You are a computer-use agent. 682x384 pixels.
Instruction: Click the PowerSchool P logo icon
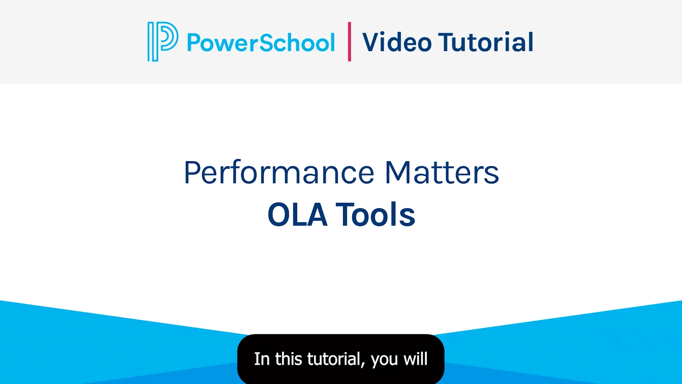[162, 41]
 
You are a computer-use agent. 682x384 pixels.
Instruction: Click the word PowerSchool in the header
[261, 43]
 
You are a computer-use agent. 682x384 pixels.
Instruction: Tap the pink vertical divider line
[350, 41]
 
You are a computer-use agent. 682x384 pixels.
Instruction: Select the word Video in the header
[397, 42]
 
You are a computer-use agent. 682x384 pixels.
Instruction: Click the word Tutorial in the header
[486, 42]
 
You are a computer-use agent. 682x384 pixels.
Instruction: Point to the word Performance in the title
[279, 173]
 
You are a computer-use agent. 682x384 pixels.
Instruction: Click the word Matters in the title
[442, 173]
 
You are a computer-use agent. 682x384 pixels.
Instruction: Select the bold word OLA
[297, 215]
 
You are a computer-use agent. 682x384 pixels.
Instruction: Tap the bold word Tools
[375, 215]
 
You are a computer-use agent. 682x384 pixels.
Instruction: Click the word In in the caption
[262, 359]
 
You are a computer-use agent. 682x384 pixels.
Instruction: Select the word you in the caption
[384, 360]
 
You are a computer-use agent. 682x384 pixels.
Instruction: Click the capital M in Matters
[398, 173]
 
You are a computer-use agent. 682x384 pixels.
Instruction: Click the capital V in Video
[372, 42]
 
